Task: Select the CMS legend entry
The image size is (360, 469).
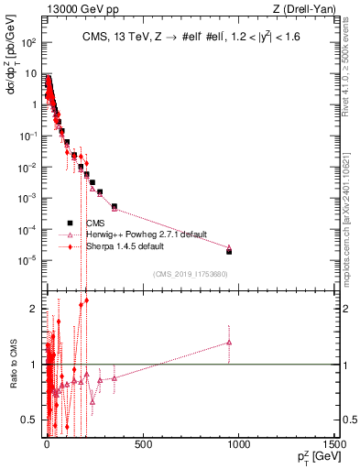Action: (96, 222)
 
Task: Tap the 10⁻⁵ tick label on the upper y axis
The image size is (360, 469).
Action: (28, 259)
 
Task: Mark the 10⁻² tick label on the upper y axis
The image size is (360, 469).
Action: (28, 167)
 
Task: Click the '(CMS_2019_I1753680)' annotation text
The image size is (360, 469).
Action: (191, 274)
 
